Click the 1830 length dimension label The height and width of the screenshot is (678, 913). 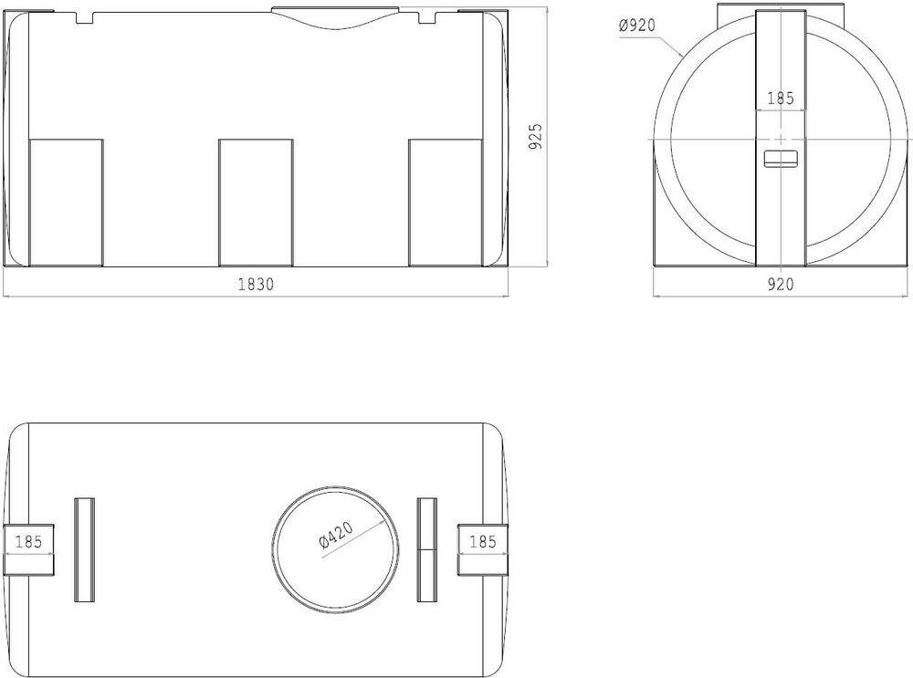[256, 284]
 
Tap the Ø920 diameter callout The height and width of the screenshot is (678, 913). [637, 26]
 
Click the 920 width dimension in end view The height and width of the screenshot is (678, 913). [781, 284]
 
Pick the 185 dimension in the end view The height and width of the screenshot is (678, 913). [781, 98]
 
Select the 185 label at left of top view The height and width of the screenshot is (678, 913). [29, 542]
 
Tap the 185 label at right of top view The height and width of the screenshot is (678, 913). [482, 542]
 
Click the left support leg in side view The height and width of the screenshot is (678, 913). [67, 203]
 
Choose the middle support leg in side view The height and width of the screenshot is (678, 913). [256, 203]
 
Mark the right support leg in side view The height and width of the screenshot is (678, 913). [445, 203]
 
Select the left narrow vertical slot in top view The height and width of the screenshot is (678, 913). [84, 549]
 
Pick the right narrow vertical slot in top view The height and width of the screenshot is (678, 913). [427, 549]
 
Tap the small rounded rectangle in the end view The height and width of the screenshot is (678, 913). [781, 158]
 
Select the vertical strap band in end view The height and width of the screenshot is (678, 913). [781, 219]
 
